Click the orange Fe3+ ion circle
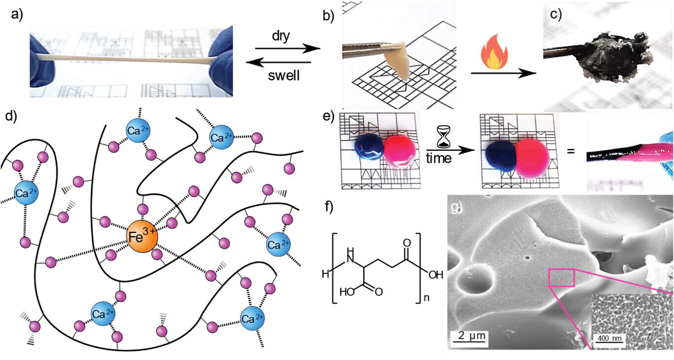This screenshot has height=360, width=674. tap(142, 237)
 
